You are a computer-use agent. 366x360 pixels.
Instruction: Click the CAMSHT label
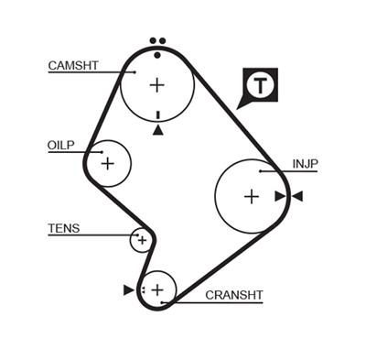point(72,65)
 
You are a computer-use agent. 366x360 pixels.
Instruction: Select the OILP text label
point(61,145)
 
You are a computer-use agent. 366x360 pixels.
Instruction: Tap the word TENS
point(64,228)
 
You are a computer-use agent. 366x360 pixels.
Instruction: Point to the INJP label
point(305,164)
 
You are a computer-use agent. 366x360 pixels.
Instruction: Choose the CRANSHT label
point(233,295)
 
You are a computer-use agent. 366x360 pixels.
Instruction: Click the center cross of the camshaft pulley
point(157,85)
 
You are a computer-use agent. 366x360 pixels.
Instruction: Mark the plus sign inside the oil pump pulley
point(108,164)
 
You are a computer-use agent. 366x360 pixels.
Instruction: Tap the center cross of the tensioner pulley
point(140,240)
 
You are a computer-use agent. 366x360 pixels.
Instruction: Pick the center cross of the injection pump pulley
point(252,196)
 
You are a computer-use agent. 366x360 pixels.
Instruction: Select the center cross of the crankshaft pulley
point(157,289)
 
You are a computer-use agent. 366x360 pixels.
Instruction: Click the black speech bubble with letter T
point(262,86)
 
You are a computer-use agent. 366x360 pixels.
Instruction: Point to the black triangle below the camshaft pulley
point(158,130)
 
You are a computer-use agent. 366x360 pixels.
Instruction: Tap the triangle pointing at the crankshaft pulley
point(128,289)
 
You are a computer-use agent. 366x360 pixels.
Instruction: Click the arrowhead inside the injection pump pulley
point(280,196)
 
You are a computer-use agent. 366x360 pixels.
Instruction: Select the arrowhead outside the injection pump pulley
point(296,196)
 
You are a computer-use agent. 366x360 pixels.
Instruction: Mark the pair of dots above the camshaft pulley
point(157,42)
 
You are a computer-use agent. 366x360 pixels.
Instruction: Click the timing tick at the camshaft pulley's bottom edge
point(158,115)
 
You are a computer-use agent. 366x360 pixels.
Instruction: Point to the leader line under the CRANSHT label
point(220,302)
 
